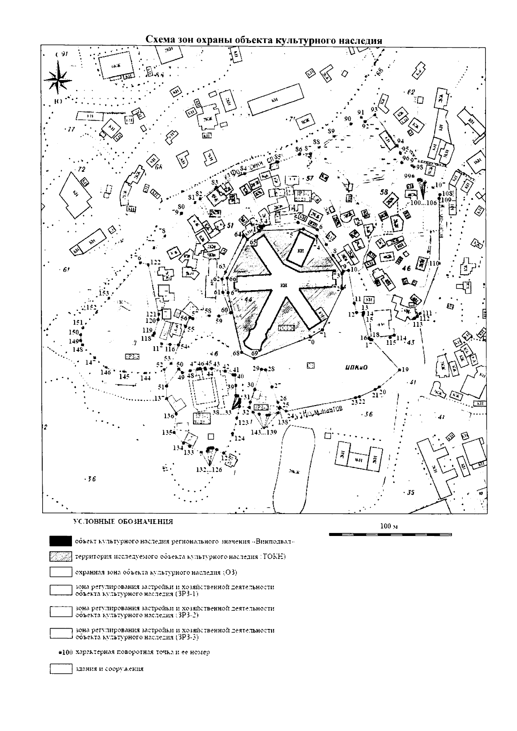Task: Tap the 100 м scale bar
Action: coord(390,534)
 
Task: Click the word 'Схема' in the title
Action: coord(159,40)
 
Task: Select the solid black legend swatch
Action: coord(60,541)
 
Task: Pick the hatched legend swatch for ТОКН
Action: coord(60,557)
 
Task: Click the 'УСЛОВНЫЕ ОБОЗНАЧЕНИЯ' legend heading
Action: coord(123,522)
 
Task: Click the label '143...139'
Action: coord(264,432)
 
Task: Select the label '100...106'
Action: coord(424,202)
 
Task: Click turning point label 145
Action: coord(124,377)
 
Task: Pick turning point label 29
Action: coord(256,369)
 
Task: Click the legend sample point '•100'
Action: coord(66,652)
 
